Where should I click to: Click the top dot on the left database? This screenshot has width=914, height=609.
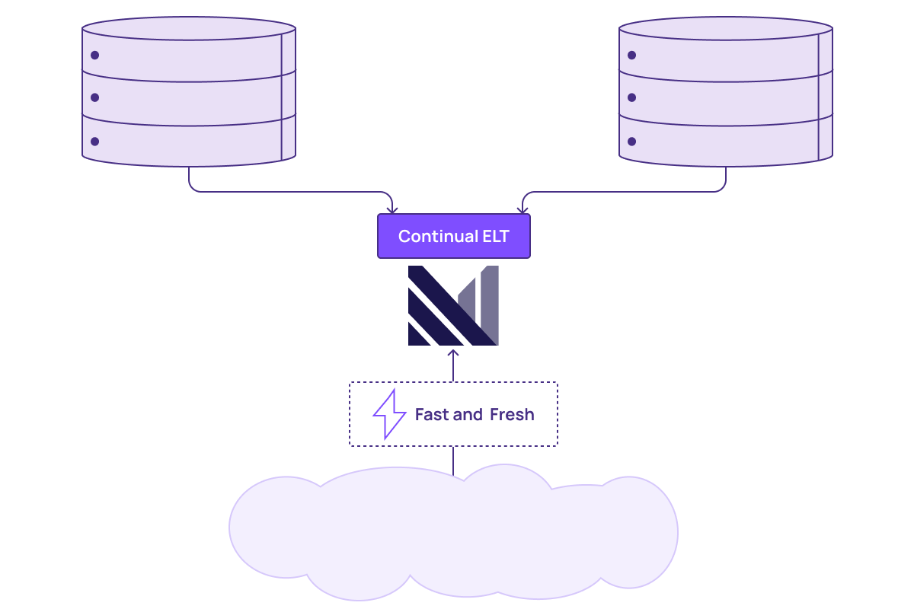click(94, 55)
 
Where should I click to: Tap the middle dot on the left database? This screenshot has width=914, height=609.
click(94, 97)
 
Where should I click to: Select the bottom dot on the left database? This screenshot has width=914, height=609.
click(94, 142)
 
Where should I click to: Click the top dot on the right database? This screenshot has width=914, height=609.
click(631, 55)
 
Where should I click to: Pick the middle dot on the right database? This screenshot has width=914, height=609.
click(631, 97)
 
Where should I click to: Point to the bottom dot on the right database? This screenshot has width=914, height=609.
click(631, 142)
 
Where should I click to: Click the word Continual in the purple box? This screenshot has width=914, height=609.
click(438, 236)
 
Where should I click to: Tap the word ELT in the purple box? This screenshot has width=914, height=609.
click(496, 236)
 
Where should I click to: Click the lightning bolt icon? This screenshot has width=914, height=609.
click(390, 414)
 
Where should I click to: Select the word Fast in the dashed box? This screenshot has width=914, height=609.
click(432, 414)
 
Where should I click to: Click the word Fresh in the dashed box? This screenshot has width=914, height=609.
click(512, 414)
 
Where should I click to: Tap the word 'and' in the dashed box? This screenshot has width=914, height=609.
click(468, 414)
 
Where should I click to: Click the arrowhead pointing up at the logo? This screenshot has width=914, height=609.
click(453, 352)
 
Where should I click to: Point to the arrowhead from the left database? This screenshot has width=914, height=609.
click(392, 209)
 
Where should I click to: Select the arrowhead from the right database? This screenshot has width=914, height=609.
click(523, 209)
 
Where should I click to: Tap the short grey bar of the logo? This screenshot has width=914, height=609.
click(467, 299)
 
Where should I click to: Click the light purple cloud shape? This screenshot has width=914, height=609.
click(453, 532)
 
